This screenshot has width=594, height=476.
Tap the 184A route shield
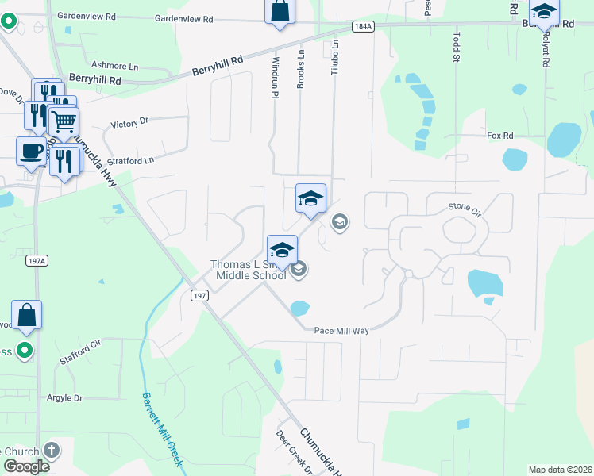pyautogui.click(x=363, y=26)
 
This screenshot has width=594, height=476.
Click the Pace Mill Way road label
pyautogui.click(x=341, y=330)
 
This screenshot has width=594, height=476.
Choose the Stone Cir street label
pyautogui.click(x=465, y=208)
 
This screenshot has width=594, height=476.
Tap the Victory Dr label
pyautogui.click(x=130, y=124)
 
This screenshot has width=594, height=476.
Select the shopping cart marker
pyautogui.click(x=64, y=121)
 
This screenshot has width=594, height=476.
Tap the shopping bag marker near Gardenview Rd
pyautogui.click(x=280, y=11)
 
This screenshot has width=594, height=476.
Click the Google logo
pyautogui.click(x=26, y=466)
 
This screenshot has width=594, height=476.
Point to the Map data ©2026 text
pyautogui.click(x=560, y=470)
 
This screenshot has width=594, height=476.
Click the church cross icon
pyautogui.click(x=52, y=451)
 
